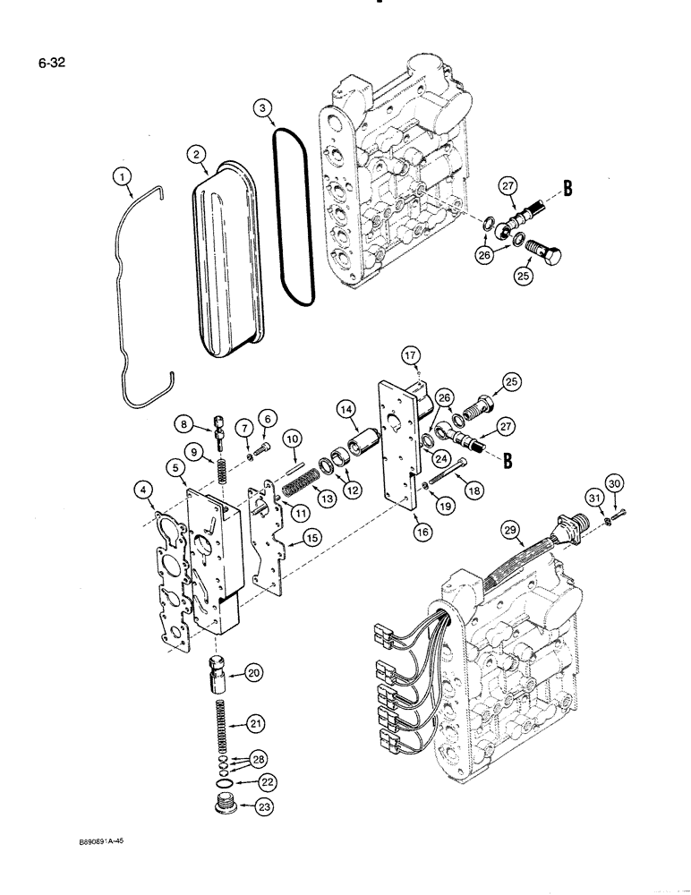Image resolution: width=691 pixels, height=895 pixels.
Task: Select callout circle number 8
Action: pos(181,422)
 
